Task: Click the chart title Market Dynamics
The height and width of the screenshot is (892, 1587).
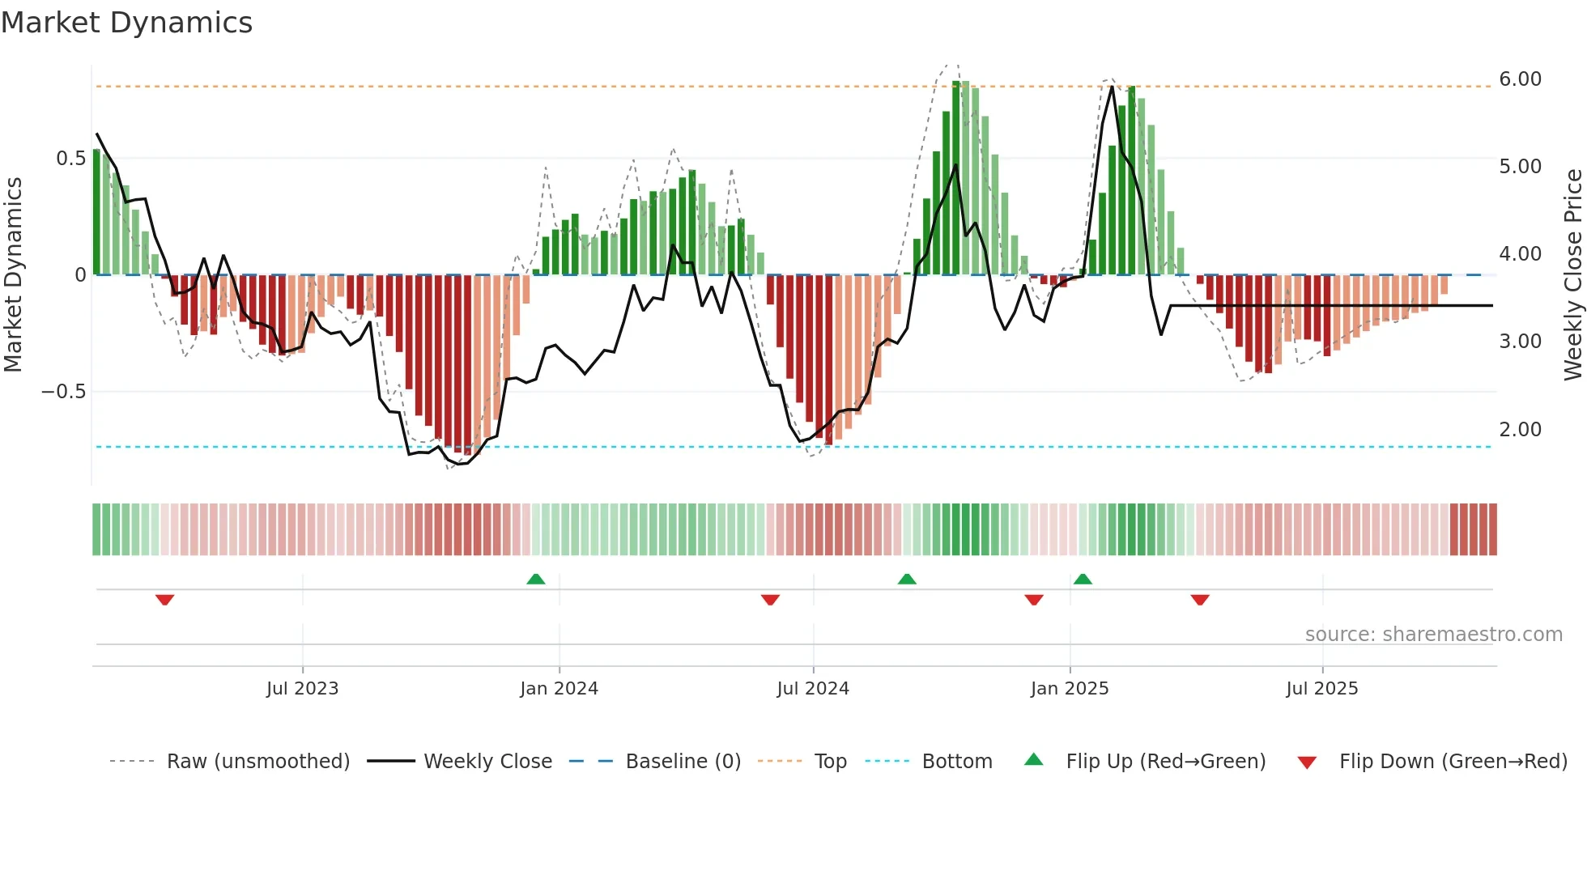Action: tap(126, 23)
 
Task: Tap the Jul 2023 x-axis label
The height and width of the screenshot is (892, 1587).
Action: tap(302, 689)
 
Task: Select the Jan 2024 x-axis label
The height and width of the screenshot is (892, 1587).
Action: tap(559, 689)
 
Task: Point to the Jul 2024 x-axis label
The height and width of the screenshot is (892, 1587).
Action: tap(813, 689)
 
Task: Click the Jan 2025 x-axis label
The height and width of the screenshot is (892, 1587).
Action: tap(1070, 689)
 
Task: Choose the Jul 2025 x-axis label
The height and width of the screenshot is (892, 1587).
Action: tap(1322, 689)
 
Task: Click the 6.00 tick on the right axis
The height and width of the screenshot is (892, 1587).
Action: tap(1520, 79)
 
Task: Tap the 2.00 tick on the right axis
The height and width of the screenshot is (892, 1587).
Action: tap(1520, 430)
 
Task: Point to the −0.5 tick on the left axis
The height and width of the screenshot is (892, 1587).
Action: tap(63, 392)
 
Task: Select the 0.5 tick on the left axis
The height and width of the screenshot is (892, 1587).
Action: tap(70, 159)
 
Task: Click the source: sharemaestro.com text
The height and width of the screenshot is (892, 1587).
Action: tap(1433, 635)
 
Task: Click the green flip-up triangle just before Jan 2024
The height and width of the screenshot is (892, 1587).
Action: tap(536, 579)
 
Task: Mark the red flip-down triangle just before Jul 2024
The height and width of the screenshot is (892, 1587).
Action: tap(770, 600)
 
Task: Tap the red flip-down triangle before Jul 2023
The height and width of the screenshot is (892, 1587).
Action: tap(165, 600)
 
